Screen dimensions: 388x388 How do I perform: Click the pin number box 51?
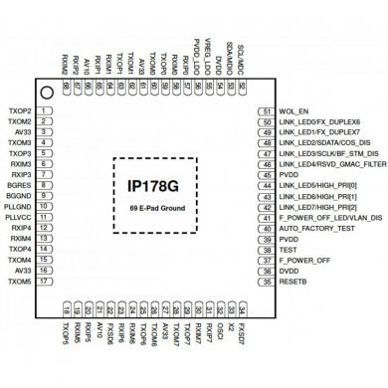[267, 110]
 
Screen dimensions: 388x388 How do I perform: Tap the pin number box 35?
[267, 282]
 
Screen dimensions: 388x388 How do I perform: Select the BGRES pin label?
[20, 185]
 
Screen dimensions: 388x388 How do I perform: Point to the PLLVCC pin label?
[20, 218]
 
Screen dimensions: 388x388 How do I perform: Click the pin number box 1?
[49, 110]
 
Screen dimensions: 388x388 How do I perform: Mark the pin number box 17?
[49, 282]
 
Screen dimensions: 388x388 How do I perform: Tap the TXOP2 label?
[20, 110]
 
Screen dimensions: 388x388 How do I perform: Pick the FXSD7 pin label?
[243, 329]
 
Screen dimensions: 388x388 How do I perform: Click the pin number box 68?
[66, 88]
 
